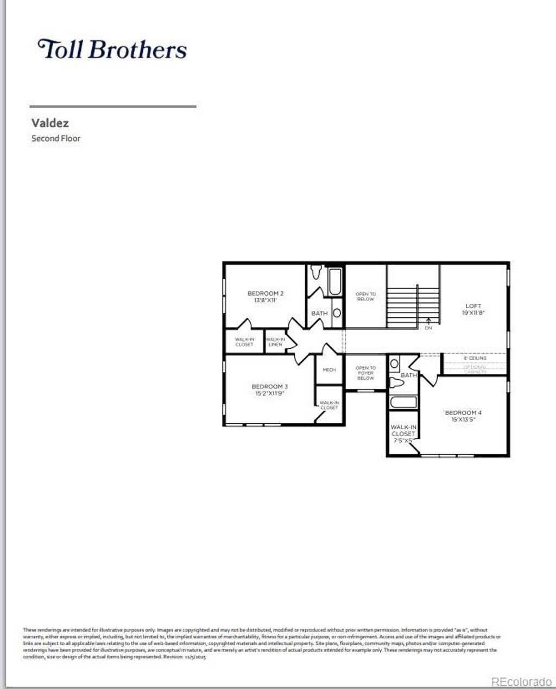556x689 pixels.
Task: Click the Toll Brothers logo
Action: click(x=112, y=49)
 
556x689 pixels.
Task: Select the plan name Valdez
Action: click(x=50, y=123)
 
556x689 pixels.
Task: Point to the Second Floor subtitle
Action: click(x=56, y=138)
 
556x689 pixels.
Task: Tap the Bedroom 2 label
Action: click(x=266, y=294)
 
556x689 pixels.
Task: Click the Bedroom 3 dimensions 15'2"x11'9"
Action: click(x=270, y=393)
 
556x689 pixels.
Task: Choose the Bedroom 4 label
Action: click(x=463, y=413)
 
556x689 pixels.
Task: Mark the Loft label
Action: click(x=473, y=306)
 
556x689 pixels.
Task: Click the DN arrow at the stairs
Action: click(x=428, y=324)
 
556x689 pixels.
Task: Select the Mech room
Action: click(x=329, y=370)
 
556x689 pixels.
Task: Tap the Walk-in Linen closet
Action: click(x=275, y=342)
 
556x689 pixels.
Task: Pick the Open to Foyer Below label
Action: click(x=365, y=373)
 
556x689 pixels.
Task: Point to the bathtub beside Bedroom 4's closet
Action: click(x=403, y=403)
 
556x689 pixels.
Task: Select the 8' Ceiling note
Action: click(x=475, y=358)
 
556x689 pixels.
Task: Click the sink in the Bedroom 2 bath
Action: click(x=336, y=313)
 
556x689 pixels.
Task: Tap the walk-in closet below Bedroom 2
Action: click(x=244, y=342)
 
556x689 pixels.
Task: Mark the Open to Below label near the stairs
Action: click(x=365, y=296)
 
